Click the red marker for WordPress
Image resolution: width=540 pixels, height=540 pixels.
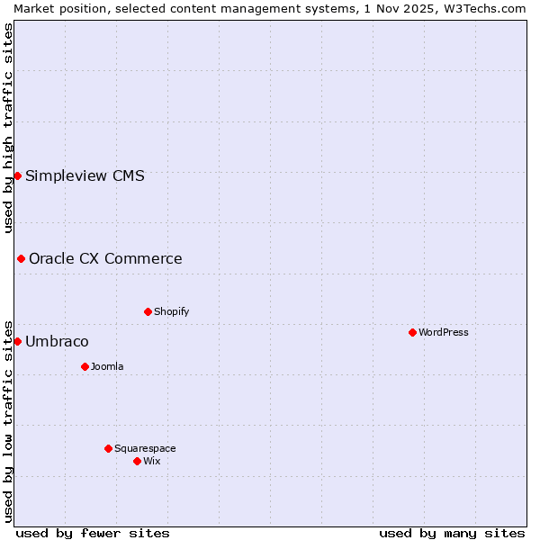(x=412, y=332)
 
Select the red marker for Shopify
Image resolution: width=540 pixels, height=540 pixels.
(x=148, y=311)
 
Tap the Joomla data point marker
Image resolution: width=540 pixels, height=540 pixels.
(x=85, y=366)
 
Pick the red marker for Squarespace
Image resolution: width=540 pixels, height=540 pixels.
(x=108, y=448)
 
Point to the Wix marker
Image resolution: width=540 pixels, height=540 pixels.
(x=137, y=461)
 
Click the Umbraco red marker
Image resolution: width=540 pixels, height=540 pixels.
(x=17, y=341)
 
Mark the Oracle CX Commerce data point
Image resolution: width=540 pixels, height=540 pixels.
(x=21, y=258)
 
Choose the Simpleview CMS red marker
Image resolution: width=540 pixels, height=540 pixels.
(x=17, y=175)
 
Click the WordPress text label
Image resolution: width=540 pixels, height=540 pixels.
(x=444, y=332)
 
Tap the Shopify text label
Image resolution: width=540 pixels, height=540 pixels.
(x=171, y=311)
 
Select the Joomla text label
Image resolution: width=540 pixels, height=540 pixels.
(x=107, y=366)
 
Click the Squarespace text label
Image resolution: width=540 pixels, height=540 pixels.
(x=145, y=448)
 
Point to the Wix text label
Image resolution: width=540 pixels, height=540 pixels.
(x=152, y=461)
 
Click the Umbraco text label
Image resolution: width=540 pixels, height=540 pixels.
(x=57, y=342)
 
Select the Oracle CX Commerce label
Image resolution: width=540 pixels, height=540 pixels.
(x=105, y=259)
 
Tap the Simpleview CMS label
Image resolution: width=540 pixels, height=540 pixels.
(x=85, y=176)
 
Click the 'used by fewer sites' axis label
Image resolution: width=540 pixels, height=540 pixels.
(x=93, y=533)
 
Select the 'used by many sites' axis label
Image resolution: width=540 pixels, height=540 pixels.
(x=452, y=533)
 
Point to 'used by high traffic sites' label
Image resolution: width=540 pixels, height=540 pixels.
(x=8, y=128)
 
